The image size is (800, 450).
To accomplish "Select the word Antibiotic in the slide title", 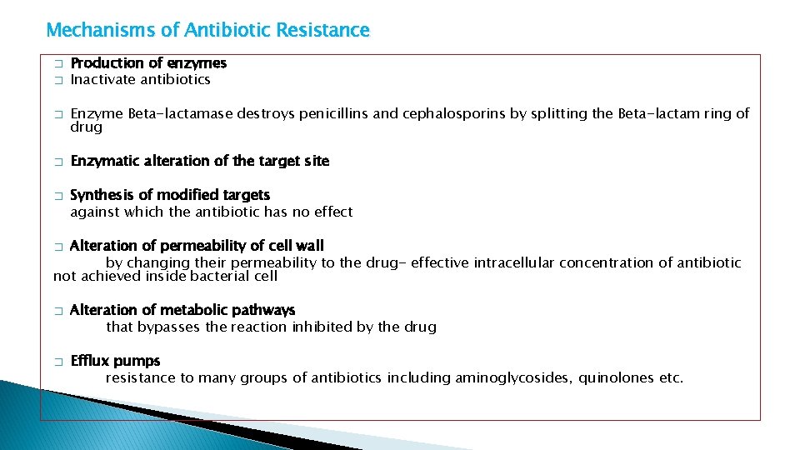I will (223, 31).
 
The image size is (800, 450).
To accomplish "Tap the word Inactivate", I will (103, 80).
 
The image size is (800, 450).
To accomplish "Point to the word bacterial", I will (221, 276).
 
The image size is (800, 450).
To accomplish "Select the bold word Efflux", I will (90, 361).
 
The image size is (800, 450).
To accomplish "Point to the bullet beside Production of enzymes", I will (58, 64).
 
